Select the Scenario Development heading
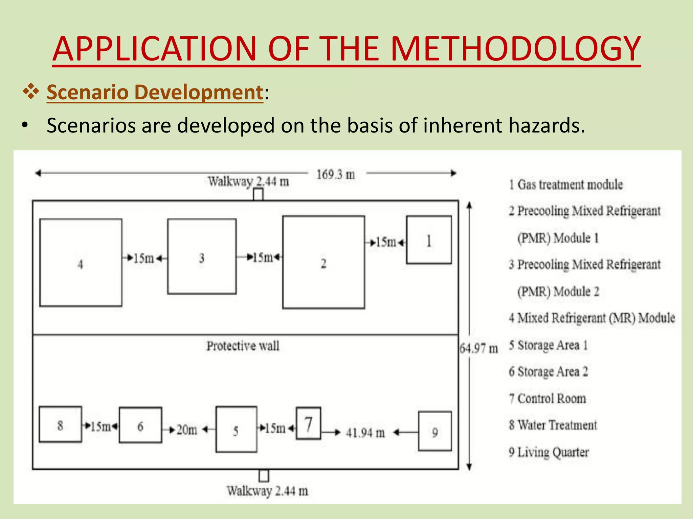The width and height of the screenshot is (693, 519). click(x=155, y=92)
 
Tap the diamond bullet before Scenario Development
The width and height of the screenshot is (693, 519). click(x=31, y=92)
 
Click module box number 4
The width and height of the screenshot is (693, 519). click(x=81, y=263)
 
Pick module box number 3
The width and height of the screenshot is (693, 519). click(x=202, y=256)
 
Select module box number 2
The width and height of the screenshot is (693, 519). click(x=323, y=262)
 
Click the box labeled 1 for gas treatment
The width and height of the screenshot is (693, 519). click(x=429, y=240)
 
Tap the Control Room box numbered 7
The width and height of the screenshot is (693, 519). click(x=308, y=423)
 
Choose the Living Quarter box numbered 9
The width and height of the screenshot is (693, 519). click(x=435, y=431)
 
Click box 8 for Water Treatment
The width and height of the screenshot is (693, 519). click(x=60, y=424)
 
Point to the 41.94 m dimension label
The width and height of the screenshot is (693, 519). click(x=365, y=432)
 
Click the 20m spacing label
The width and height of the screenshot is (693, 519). click(x=187, y=430)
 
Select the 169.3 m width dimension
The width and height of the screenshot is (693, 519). click(x=335, y=174)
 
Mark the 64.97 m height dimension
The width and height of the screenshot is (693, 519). click(x=478, y=348)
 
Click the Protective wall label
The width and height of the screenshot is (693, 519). click(x=243, y=346)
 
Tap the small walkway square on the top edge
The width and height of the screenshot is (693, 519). click(x=258, y=195)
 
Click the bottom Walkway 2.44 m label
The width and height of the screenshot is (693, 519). click(x=267, y=491)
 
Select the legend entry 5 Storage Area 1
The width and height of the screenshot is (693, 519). click(x=548, y=345)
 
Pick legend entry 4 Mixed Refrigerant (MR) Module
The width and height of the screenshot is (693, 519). click(x=591, y=318)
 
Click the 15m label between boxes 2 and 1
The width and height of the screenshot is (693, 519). click(x=386, y=242)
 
